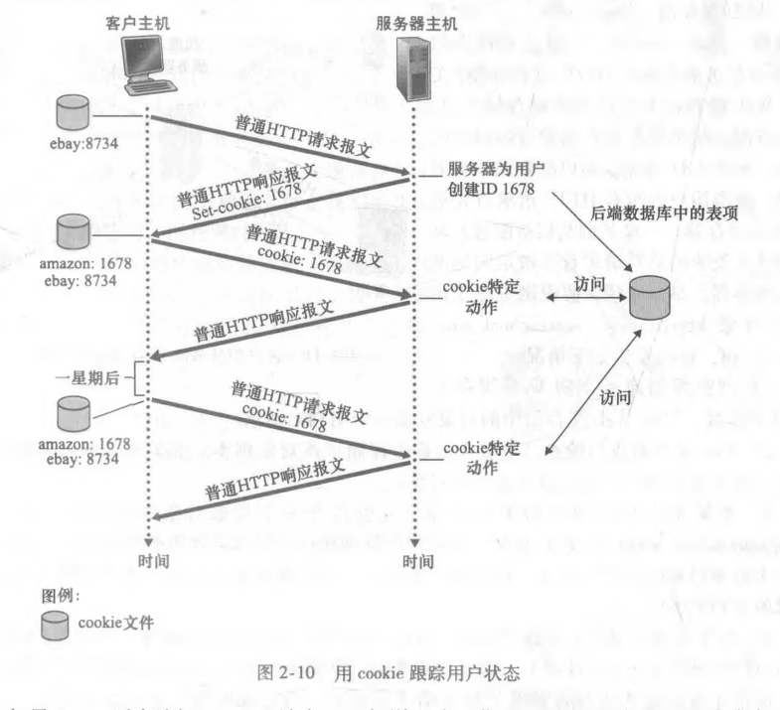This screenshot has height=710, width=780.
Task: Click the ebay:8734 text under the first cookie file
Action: point(84,141)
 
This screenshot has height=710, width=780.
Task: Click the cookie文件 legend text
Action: point(111,623)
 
